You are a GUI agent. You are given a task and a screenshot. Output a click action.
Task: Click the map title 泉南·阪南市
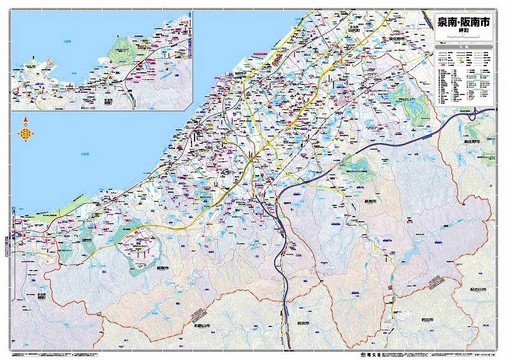(x=463, y=22)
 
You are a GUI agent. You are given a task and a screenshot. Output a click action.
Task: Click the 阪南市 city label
(x=164, y=269)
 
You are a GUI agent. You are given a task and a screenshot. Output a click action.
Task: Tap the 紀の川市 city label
(x=478, y=289)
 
